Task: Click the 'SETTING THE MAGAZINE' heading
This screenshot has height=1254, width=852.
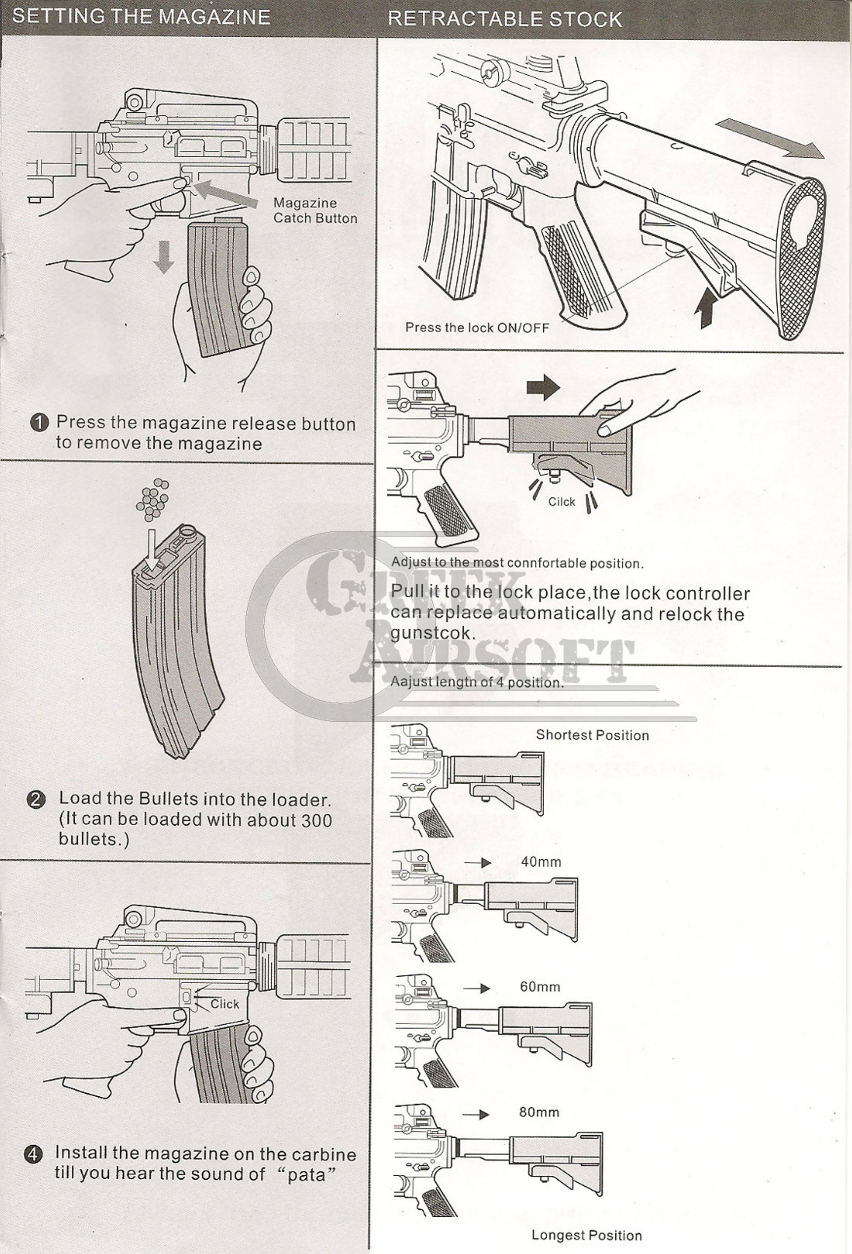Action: pos(141,17)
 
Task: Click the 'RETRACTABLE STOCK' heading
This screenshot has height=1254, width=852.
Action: pos(505,19)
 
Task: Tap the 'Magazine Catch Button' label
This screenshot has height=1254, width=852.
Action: pos(315,210)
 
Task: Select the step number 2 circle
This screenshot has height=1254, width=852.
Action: pos(36,800)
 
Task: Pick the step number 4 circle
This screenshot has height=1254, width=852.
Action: pos(33,1154)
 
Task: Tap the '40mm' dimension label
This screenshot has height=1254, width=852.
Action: pos(541,862)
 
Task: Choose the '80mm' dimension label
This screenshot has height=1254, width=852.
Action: pos(539,1112)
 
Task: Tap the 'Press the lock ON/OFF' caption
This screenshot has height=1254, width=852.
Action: pos(477,328)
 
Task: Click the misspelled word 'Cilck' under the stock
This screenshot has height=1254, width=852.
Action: pos(562,502)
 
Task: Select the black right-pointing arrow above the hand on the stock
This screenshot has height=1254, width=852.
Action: pos(543,387)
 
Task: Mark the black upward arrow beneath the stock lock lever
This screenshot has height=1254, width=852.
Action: pos(706,307)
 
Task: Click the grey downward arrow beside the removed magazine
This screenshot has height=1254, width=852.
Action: pos(163,257)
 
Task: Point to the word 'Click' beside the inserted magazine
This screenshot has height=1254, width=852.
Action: pos(225,1004)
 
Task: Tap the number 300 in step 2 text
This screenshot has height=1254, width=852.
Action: pos(316,820)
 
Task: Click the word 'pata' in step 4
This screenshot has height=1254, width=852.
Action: pos(306,1174)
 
